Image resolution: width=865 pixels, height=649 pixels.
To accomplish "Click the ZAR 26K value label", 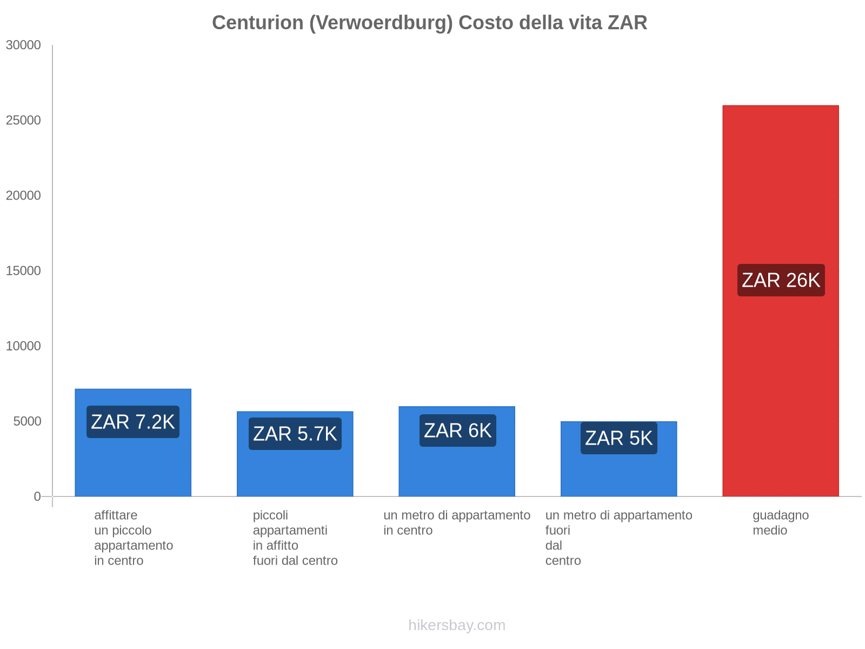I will click(781, 280).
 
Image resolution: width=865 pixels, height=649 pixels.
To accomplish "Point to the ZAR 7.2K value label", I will click(133, 422).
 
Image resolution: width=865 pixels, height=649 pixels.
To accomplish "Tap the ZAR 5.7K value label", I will click(295, 434).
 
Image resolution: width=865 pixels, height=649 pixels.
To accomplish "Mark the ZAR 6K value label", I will click(457, 431).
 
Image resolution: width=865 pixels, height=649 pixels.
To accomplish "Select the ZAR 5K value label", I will click(618, 438).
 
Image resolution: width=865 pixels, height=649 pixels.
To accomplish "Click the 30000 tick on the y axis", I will click(24, 45).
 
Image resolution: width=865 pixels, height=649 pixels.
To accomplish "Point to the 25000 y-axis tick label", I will click(24, 120).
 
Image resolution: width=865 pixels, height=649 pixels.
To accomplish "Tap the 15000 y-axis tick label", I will click(24, 270).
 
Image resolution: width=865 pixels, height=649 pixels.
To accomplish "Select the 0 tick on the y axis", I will click(37, 496).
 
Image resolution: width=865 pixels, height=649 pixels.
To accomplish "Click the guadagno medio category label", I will click(780, 522).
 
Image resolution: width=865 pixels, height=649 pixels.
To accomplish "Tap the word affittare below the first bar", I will click(116, 515).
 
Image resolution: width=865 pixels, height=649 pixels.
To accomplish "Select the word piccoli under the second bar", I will click(270, 515).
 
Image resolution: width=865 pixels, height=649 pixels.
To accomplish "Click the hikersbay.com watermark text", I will click(457, 625).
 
